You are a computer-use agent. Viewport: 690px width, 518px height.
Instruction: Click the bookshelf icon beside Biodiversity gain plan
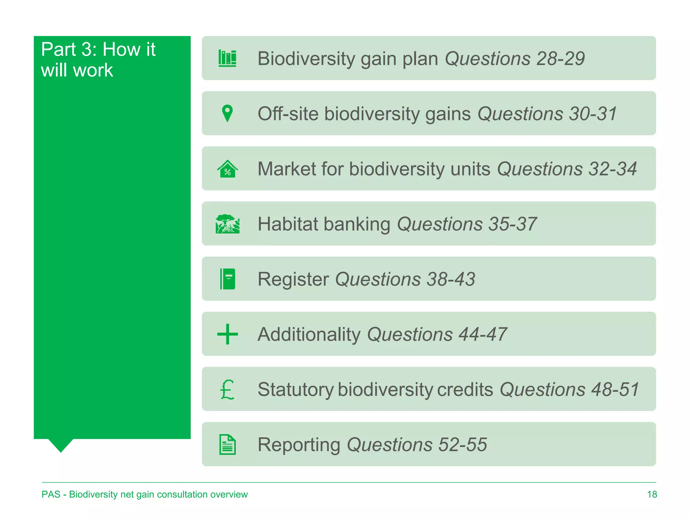coord(227,58)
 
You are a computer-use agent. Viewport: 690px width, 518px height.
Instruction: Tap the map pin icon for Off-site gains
coord(227,113)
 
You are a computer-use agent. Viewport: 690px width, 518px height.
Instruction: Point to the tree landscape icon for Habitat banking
coord(227,224)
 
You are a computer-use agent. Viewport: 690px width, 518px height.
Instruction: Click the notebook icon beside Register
coord(227,279)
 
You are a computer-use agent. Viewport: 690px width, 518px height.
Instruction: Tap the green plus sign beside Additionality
coord(227,334)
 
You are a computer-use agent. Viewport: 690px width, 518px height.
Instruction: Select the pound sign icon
coord(227,389)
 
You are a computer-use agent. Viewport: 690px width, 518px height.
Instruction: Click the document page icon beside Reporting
coord(227,444)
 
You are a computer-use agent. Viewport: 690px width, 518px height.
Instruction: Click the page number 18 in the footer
coord(652,494)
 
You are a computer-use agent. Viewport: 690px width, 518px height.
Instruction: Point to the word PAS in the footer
coord(51,494)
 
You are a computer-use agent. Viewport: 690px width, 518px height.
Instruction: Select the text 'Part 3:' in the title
coord(69,49)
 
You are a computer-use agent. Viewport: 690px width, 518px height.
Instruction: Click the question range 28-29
coord(560,58)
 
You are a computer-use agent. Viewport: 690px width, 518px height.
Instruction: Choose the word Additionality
coord(309,334)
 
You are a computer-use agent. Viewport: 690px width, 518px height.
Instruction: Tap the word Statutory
coord(295,390)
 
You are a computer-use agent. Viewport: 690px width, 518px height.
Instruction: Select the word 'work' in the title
coord(93,70)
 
